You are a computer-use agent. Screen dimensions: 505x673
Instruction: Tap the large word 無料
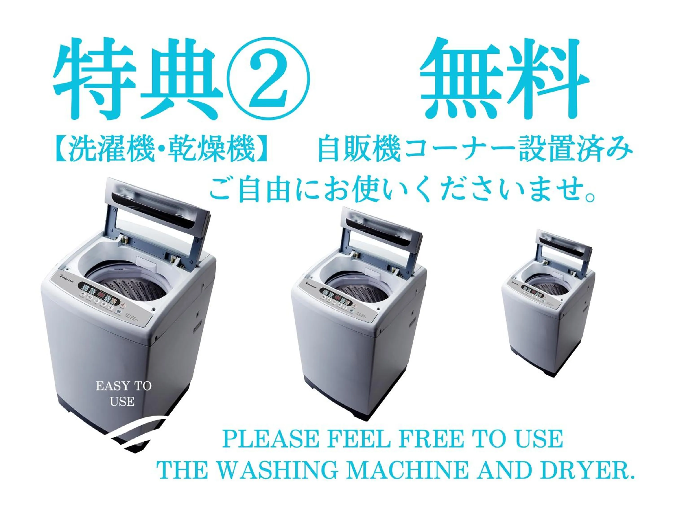(x=504, y=80)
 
